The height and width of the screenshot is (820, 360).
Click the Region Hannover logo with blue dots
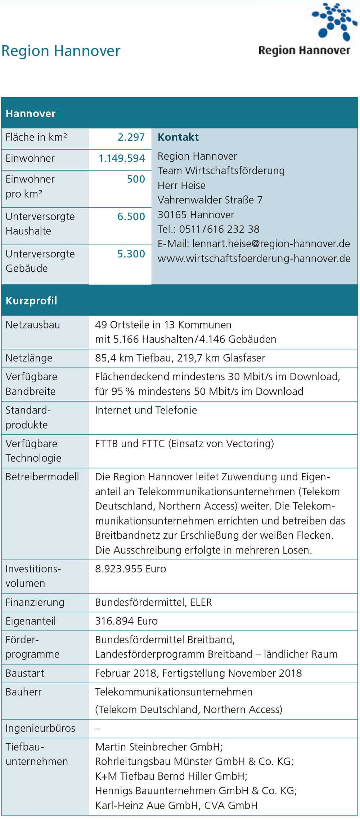coord(304,31)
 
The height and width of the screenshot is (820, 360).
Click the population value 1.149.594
coord(122,158)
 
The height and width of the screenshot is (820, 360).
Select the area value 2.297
coord(131,137)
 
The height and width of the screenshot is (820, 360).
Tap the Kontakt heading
coord(178,137)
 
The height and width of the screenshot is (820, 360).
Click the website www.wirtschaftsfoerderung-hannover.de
coord(254,258)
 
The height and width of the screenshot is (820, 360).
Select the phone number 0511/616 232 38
coord(219,229)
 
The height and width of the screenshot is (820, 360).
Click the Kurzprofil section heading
coord(31,301)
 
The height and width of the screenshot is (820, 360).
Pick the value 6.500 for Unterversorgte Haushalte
coord(131,217)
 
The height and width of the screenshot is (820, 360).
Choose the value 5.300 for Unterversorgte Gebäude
coord(131,254)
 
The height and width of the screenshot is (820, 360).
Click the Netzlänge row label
coord(29,358)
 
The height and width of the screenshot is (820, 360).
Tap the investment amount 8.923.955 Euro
coord(130,569)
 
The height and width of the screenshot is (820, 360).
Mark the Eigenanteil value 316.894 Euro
coord(126,621)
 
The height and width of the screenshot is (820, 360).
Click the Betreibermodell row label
coord(42,477)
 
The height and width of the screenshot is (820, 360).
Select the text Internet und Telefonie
coord(146,410)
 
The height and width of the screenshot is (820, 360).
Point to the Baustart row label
coord(25,673)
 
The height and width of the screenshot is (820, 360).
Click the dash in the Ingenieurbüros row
coord(98,729)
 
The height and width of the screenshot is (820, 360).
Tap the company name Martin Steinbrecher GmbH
coord(158,747)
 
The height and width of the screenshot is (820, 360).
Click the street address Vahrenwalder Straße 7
coord(210,200)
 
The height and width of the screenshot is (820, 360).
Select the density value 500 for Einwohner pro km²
coord(136,179)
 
